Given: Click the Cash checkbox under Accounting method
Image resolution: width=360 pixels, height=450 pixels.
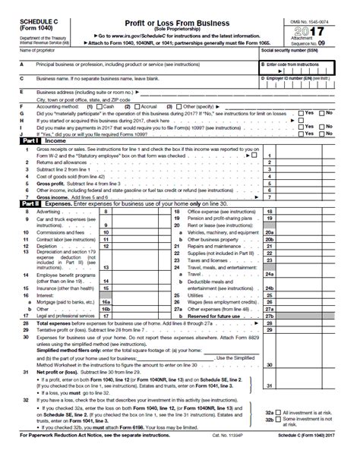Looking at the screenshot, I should coord(99,107).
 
